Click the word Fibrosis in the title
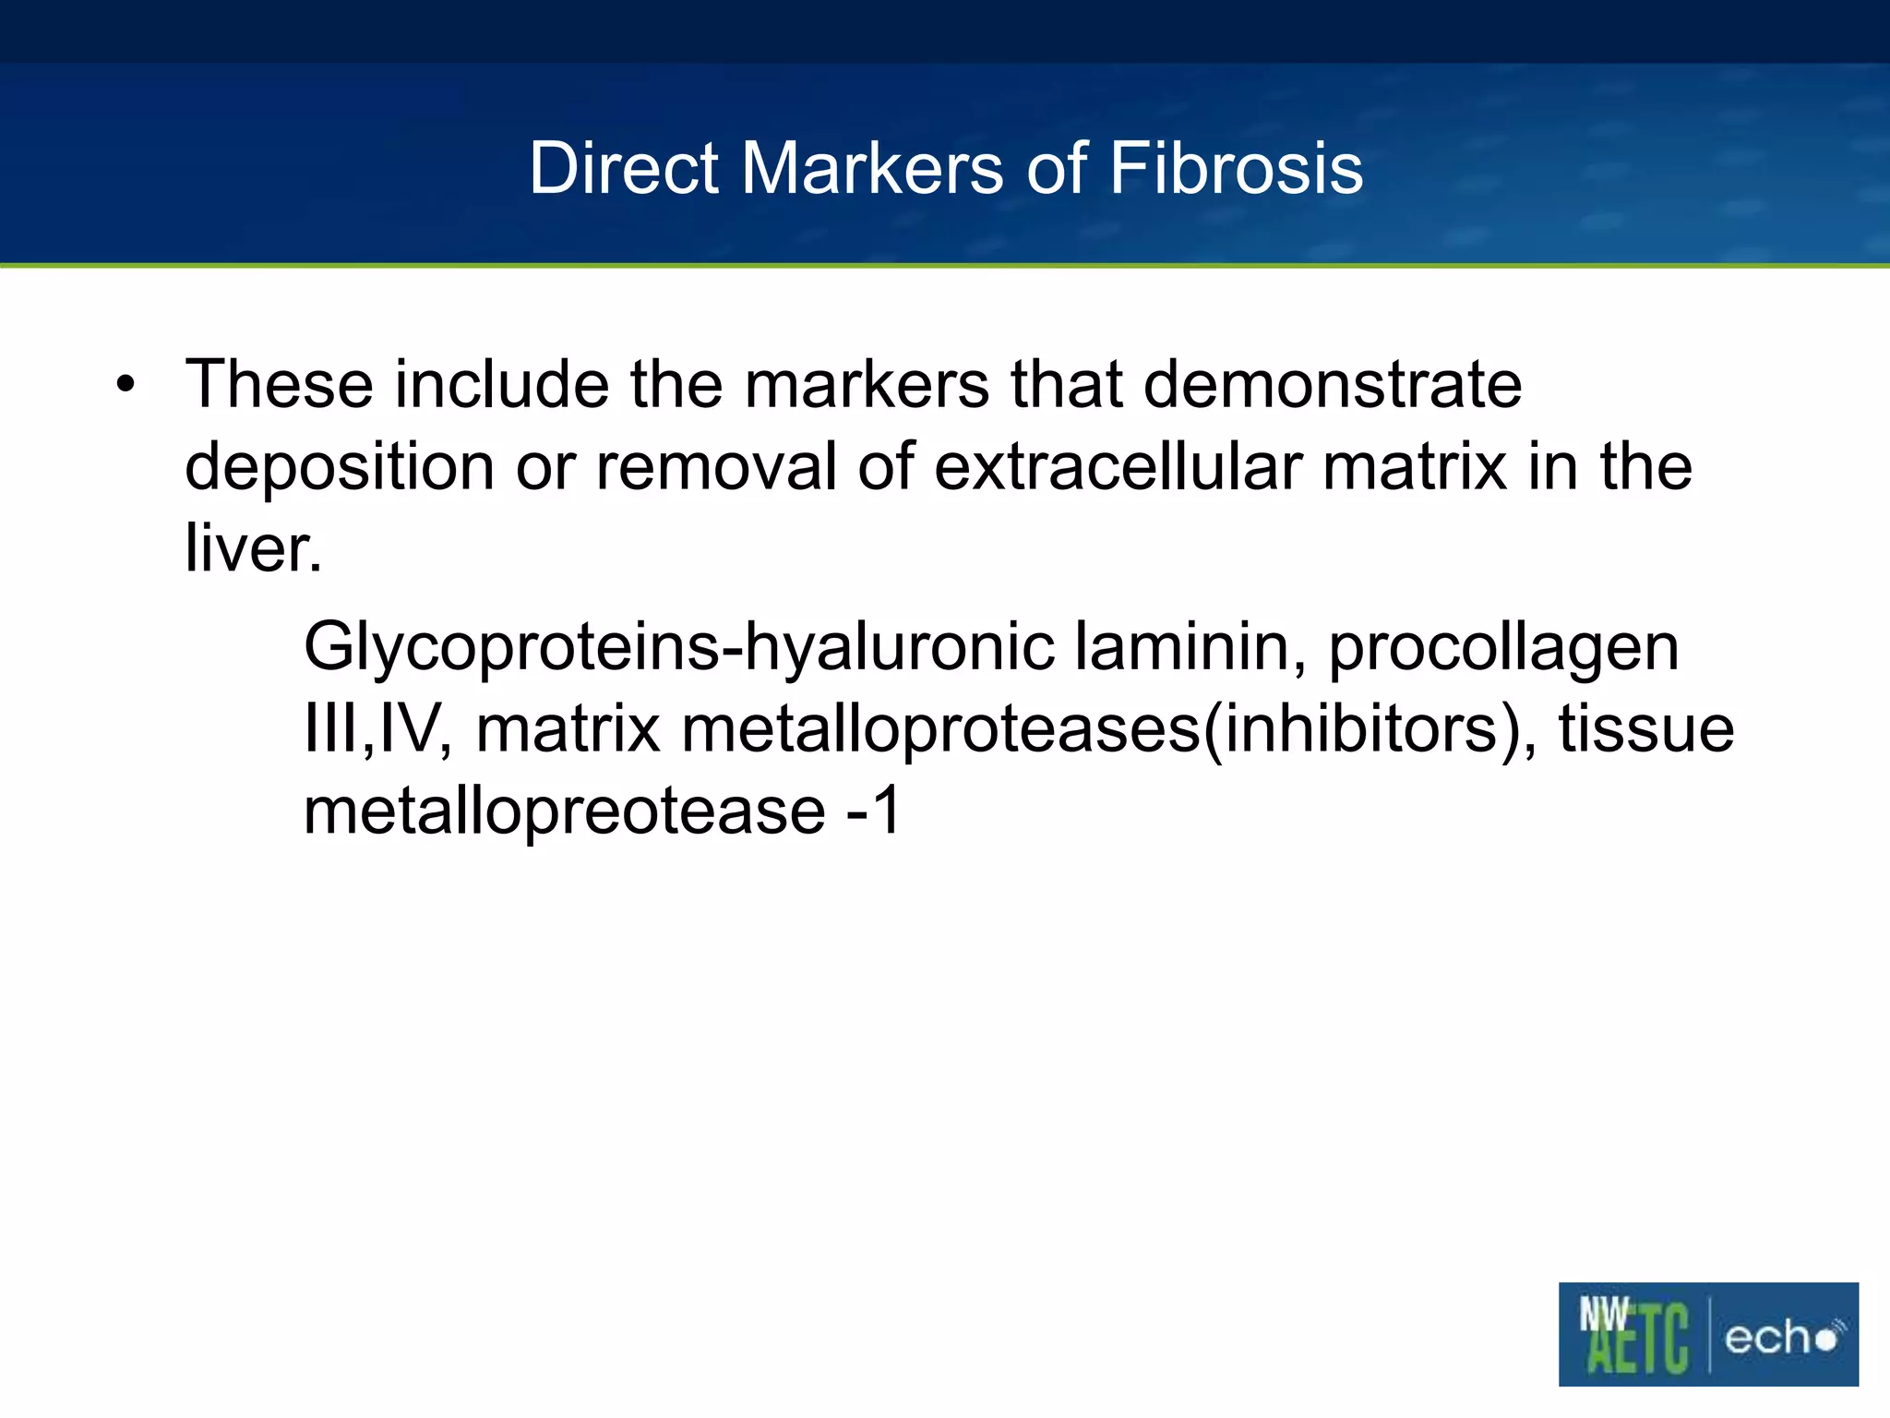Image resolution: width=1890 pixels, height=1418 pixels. [1236, 169]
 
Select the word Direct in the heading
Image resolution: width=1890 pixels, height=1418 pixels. [624, 169]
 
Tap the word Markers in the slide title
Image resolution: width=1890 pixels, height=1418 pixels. [871, 169]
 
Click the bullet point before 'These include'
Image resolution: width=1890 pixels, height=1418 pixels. [126, 385]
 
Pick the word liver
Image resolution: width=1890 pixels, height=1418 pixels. [253, 548]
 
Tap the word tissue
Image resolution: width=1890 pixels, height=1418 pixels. [1646, 729]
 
